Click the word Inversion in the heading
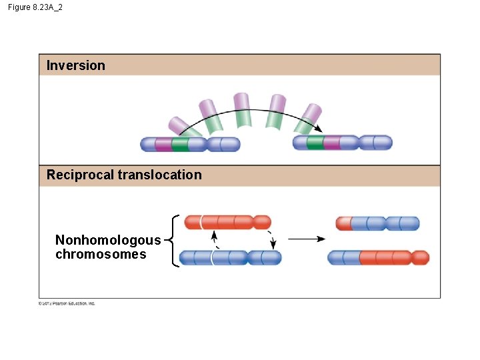tap(76, 65)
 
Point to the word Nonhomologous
tap(108, 241)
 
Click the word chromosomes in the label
tap(101, 255)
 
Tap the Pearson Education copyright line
tap(67, 303)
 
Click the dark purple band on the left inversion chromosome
tap(163, 144)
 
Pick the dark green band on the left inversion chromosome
tap(179, 144)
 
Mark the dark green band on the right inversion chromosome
tap(315, 143)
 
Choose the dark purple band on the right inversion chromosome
tap(331, 143)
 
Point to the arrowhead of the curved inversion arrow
tap(318, 129)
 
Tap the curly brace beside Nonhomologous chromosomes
tap(175, 240)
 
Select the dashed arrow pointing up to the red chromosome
tap(214, 238)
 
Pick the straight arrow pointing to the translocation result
tap(306, 239)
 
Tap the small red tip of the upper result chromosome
tap(343, 223)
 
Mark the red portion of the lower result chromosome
tap(393, 258)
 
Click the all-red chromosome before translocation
tap(227, 222)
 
